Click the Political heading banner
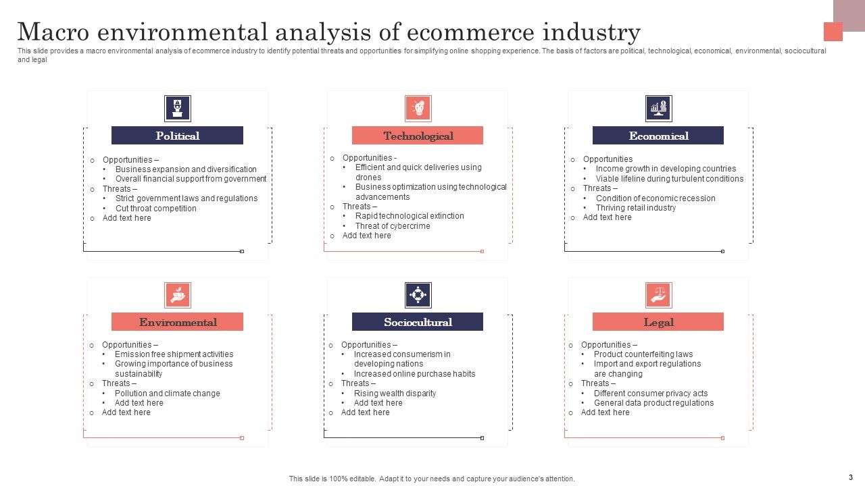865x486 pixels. (177, 136)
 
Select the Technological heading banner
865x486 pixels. (418, 136)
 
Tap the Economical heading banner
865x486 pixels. (658, 136)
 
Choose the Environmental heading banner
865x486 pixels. (177, 322)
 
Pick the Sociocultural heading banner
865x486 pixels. (418, 322)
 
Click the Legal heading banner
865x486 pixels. (658, 322)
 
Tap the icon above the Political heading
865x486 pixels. (178, 108)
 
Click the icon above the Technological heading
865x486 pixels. (418, 108)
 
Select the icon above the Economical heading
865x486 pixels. (658, 108)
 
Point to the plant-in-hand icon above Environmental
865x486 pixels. (178, 295)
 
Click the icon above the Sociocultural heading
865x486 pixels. (418, 295)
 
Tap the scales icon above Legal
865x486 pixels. (658, 295)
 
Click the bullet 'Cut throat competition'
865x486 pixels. (155, 209)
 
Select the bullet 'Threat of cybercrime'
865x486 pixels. (393, 226)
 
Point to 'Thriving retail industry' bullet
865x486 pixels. (635, 208)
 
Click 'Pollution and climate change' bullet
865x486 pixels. (167, 394)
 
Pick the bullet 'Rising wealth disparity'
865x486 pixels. (395, 394)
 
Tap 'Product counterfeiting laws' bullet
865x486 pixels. (643, 354)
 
